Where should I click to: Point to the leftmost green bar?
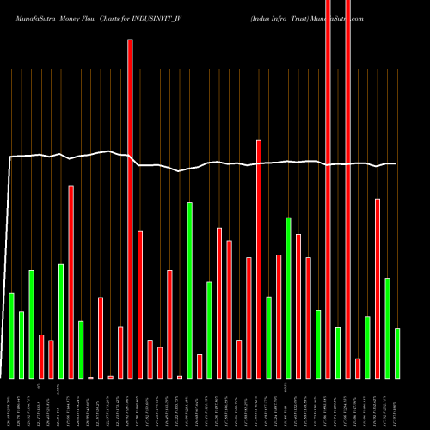(11, 335)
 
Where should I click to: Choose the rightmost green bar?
(397, 353)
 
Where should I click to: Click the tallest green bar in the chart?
(189, 290)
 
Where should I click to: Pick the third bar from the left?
(31, 324)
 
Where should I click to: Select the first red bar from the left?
(41, 356)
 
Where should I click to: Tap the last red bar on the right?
(378, 288)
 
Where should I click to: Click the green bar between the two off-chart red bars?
(338, 353)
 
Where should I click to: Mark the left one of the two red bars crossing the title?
(329, 189)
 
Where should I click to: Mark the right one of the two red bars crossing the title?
(347, 189)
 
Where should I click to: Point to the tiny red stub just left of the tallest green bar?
(180, 377)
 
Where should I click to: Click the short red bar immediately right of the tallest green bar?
(200, 366)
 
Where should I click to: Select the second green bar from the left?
(21, 345)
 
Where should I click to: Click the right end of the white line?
(396, 163)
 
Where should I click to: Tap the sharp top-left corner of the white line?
(9, 157)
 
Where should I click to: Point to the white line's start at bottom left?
(2, 378)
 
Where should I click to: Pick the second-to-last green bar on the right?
(387, 328)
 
